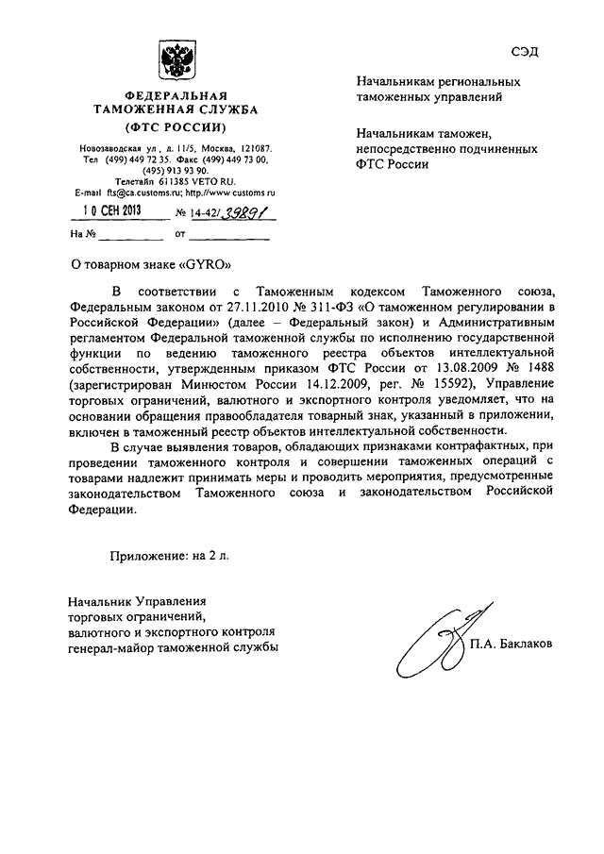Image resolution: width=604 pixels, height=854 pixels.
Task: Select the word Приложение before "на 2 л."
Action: point(148,556)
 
